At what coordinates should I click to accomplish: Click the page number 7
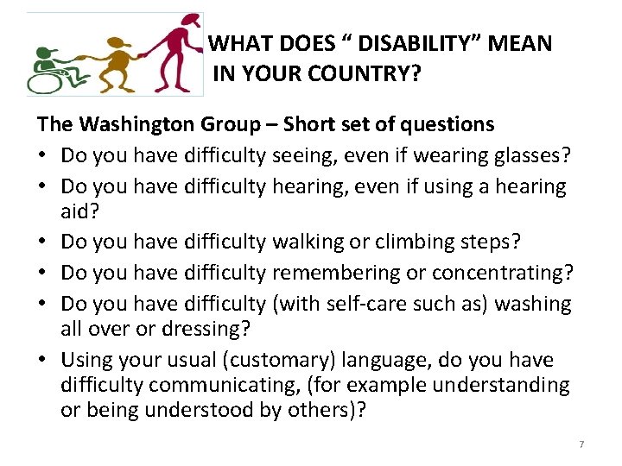tap(581, 444)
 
